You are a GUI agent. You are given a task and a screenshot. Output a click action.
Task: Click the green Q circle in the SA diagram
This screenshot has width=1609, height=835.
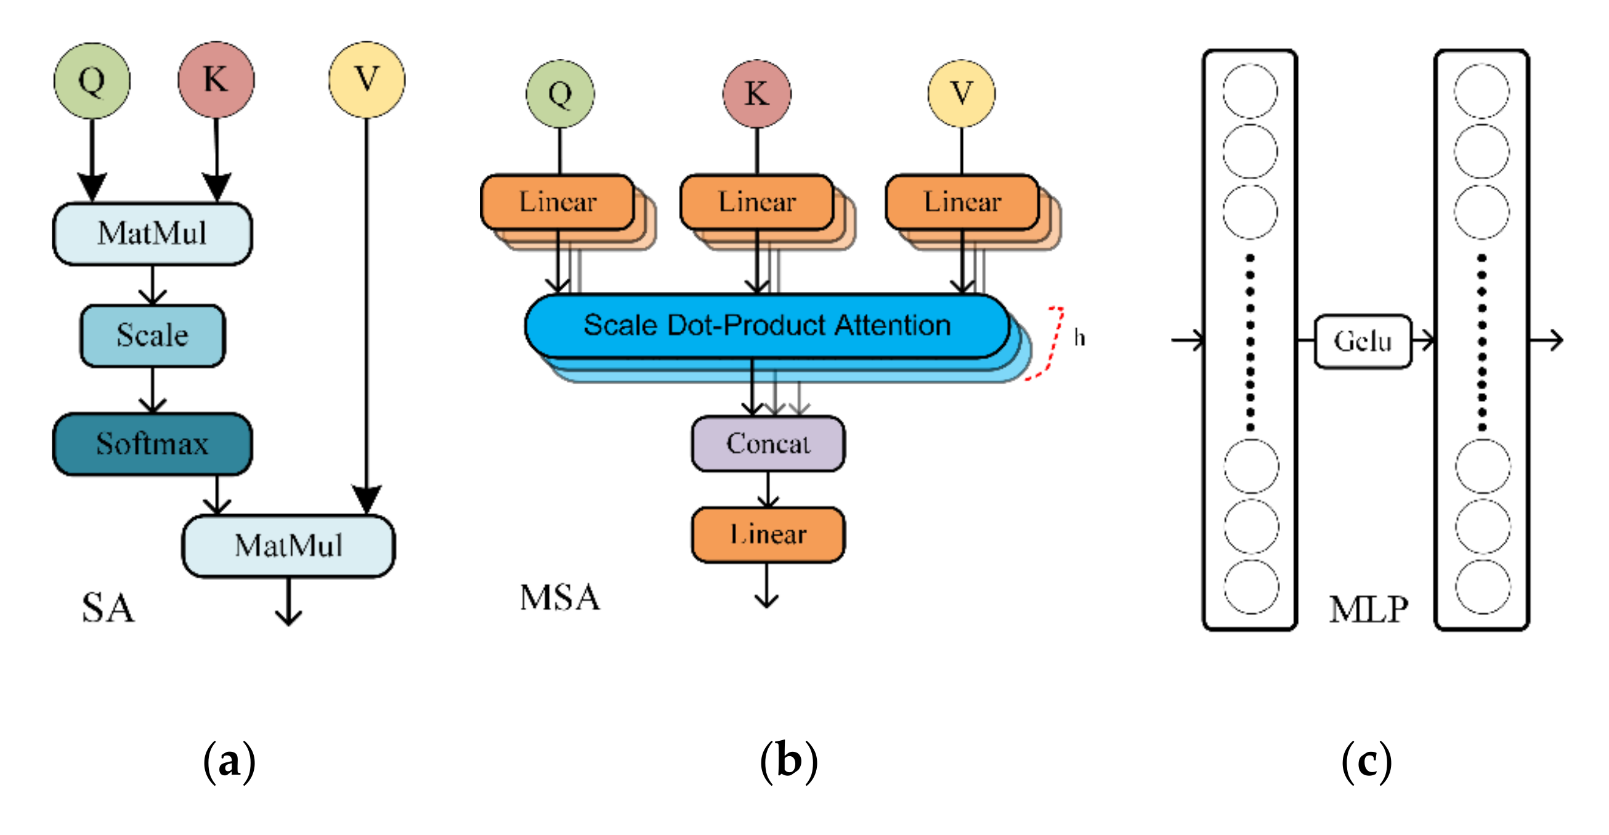click(92, 81)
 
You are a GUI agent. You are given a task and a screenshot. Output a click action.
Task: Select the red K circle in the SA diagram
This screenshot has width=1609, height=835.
click(216, 79)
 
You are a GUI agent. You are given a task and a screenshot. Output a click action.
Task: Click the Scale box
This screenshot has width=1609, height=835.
click(152, 336)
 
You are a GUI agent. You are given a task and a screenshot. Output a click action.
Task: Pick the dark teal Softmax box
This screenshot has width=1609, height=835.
click(152, 444)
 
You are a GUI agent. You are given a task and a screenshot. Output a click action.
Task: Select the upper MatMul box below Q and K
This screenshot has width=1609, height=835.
click(152, 233)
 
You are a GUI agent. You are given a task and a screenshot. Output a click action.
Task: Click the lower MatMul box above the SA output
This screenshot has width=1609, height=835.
click(288, 545)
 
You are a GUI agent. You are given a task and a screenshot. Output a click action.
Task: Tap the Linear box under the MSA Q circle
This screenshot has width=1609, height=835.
click(557, 203)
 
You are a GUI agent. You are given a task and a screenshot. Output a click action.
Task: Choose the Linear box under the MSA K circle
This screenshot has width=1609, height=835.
click(757, 203)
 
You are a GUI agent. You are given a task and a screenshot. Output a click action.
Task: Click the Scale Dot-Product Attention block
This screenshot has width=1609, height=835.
click(767, 326)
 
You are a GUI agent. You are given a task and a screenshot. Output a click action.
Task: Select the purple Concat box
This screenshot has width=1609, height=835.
click(768, 444)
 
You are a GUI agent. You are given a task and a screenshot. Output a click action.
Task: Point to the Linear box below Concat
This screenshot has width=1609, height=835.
click(768, 534)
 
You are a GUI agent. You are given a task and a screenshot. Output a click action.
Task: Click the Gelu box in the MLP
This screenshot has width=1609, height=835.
click(1363, 342)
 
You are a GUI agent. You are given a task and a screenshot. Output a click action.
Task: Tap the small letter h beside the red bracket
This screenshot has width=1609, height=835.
click(1079, 338)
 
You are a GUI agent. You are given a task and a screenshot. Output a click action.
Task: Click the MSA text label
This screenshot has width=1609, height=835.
click(560, 598)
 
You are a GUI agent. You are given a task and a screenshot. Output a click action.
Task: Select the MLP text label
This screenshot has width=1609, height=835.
click(1369, 610)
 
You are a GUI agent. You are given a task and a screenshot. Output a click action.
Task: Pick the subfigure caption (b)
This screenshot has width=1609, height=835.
click(788, 761)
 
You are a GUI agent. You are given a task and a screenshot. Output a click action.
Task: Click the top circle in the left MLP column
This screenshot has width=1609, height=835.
click(1250, 91)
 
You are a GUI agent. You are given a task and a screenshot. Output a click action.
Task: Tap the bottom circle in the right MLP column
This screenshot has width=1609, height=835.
click(1482, 587)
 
